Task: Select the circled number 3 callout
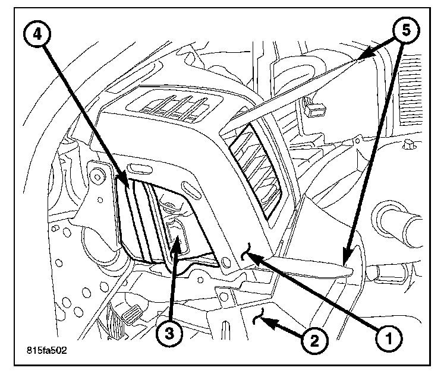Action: click(x=170, y=333)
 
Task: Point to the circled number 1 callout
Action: click(x=389, y=339)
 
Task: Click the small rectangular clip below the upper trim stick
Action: click(x=316, y=109)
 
